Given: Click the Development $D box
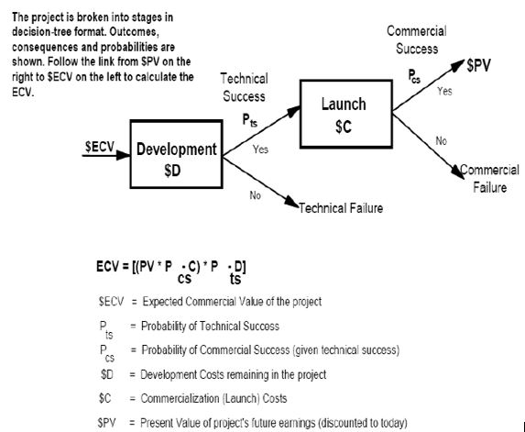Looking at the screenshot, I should pos(177,159).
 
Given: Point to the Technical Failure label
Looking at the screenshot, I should pos(341,208).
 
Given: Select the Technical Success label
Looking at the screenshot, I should pos(244,89).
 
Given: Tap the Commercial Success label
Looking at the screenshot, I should pos(412,40).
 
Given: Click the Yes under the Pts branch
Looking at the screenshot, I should pos(260,149).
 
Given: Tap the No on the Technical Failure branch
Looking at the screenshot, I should pos(255,194).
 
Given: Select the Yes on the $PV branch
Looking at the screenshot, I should pos(444,92).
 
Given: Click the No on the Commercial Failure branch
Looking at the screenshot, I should pos(441,141).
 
